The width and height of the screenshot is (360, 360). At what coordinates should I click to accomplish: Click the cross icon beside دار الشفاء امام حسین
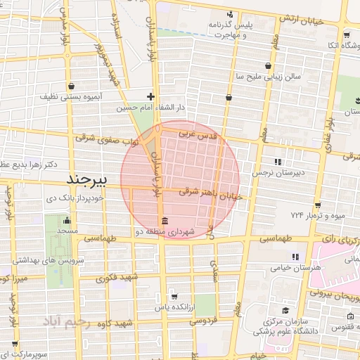pyautogui.click(x=150, y=96)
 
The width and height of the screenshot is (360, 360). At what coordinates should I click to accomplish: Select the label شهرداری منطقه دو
pyautogui.click(x=164, y=230)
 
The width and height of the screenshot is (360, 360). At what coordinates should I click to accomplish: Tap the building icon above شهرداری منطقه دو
pyautogui.click(x=164, y=218)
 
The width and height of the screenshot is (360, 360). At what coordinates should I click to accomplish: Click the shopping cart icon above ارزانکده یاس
pyautogui.click(x=173, y=297)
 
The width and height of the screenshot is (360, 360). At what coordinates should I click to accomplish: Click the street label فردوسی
pyautogui.click(x=201, y=321)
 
